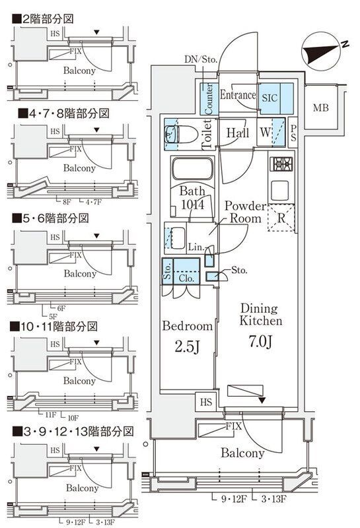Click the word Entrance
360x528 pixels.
237,96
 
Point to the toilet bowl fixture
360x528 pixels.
173,134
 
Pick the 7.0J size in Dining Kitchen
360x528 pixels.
260,344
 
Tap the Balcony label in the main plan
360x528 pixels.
242,453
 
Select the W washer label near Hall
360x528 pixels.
265,132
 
